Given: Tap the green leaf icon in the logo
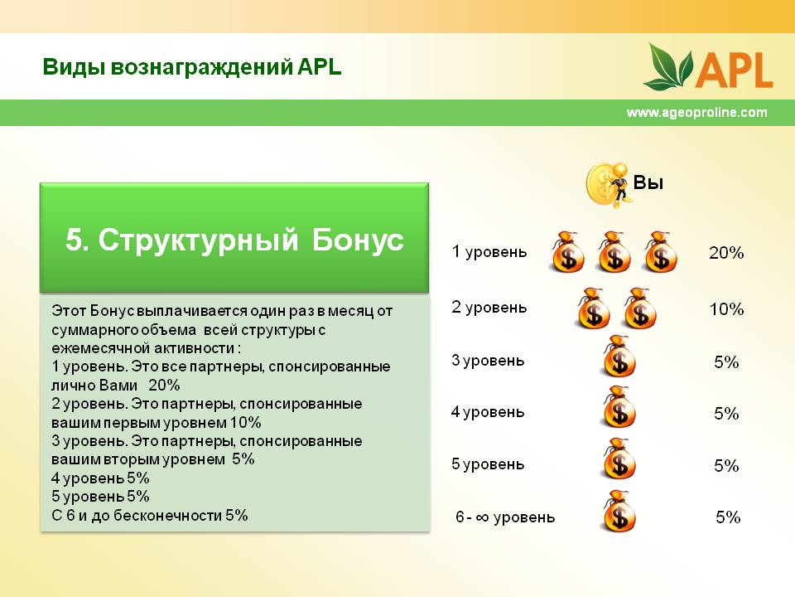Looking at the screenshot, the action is (668, 66).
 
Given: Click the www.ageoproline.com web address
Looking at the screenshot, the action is (696, 112).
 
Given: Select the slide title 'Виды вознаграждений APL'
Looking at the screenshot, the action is (191, 67).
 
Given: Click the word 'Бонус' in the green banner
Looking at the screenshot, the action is (358, 240).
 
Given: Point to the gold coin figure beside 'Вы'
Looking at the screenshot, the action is (607, 185).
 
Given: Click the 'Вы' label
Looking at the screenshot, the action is (648, 182).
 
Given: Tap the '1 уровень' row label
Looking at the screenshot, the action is (489, 252).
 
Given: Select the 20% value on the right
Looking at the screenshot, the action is (726, 252).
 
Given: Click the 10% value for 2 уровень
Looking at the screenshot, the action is (726, 308).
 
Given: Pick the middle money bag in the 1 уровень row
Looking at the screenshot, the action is (614, 252).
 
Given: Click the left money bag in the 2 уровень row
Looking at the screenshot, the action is (594, 308).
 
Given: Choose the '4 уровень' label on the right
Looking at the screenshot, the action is (487, 412).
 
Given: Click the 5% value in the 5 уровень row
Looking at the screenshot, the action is (726, 465).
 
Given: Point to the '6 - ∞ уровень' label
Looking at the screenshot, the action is (505, 517).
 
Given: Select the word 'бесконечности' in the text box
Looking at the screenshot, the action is (167, 516).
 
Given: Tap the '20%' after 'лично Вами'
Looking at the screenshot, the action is (164, 386).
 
